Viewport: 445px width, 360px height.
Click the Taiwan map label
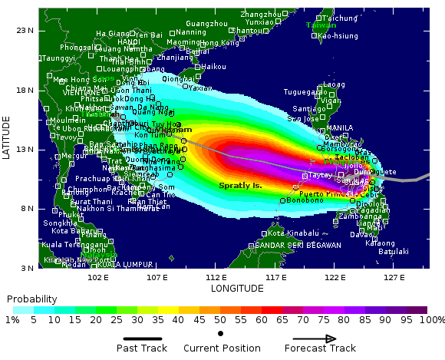coord(321,25)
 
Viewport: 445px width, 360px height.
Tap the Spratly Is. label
coord(241,186)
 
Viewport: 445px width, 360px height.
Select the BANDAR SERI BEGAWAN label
coord(298,246)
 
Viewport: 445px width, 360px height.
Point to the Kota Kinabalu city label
coord(293,233)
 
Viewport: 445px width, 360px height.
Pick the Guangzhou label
coord(207,24)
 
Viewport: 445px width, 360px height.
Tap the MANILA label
coord(340,128)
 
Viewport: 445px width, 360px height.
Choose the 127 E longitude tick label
coord(394,278)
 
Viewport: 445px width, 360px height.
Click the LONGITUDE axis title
coord(237,289)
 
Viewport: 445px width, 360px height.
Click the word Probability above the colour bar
coord(31,299)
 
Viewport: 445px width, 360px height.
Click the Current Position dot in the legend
coord(221,333)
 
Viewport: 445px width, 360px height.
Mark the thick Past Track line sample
coord(142,338)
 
